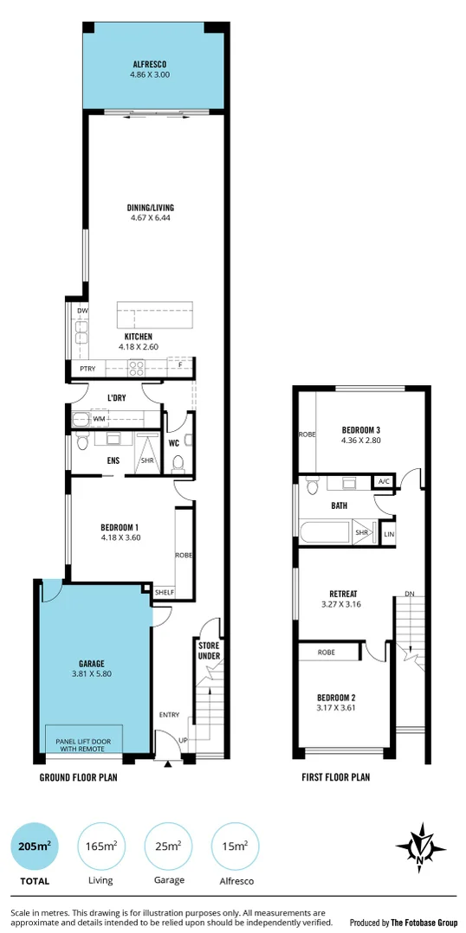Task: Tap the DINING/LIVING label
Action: tap(150, 208)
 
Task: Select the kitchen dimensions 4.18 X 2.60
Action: tap(139, 347)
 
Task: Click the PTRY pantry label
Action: tap(87, 369)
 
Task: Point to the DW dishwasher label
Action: tap(82, 311)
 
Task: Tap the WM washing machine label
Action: tap(99, 419)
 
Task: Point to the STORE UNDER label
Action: tap(210, 650)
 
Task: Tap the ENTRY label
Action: tap(169, 715)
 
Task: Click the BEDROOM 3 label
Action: tap(361, 430)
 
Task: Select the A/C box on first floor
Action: tap(384, 481)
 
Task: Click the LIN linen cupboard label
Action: tap(388, 533)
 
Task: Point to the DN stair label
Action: tap(409, 594)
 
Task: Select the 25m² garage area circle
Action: tap(168, 845)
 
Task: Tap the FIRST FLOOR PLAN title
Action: tap(335, 777)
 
